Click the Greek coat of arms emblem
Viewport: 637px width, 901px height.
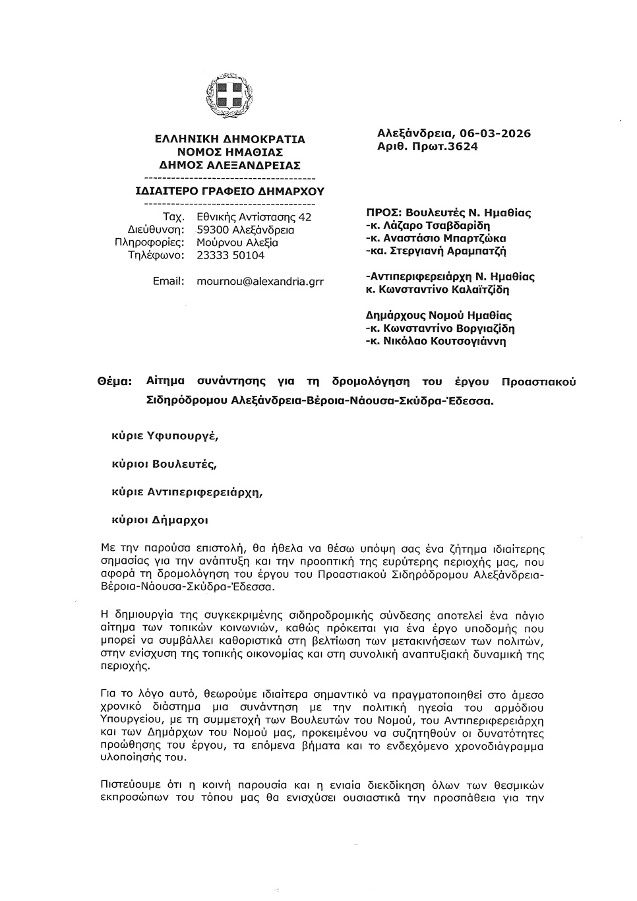point(229,93)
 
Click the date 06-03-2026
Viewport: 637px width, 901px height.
point(491,134)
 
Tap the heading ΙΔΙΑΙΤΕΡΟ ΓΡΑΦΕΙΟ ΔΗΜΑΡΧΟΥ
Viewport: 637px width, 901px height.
point(229,192)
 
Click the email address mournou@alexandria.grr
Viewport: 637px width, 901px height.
point(260,281)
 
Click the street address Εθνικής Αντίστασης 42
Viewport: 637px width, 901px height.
point(254,217)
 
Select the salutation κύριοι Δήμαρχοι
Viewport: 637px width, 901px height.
point(160,520)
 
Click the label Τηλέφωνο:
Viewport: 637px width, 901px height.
point(156,255)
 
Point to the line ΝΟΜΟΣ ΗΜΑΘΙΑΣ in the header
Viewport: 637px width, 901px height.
point(229,152)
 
